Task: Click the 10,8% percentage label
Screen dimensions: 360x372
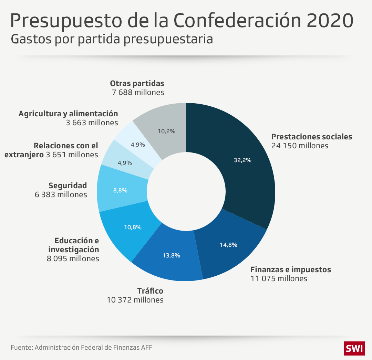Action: tap(133, 227)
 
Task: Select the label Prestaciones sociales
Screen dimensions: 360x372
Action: tap(312, 137)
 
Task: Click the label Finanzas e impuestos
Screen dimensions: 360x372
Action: tap(290, 269)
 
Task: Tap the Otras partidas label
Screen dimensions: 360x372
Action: tap(137, 83)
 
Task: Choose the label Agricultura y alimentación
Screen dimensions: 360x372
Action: tap(68, 114)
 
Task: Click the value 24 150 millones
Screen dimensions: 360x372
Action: tap(300, 146)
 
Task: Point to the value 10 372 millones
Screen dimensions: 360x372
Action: tap(135, 300)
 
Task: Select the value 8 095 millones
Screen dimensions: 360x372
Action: tap(73, 258)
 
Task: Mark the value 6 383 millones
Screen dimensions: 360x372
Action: tap(61, 194)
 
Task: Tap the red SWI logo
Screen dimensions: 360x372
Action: tap(354, 348)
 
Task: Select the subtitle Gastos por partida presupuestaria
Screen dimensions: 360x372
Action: tap(112, 39)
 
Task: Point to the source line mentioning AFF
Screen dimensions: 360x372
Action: tap(81, 347)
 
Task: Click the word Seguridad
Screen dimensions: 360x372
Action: tap(68, 186)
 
